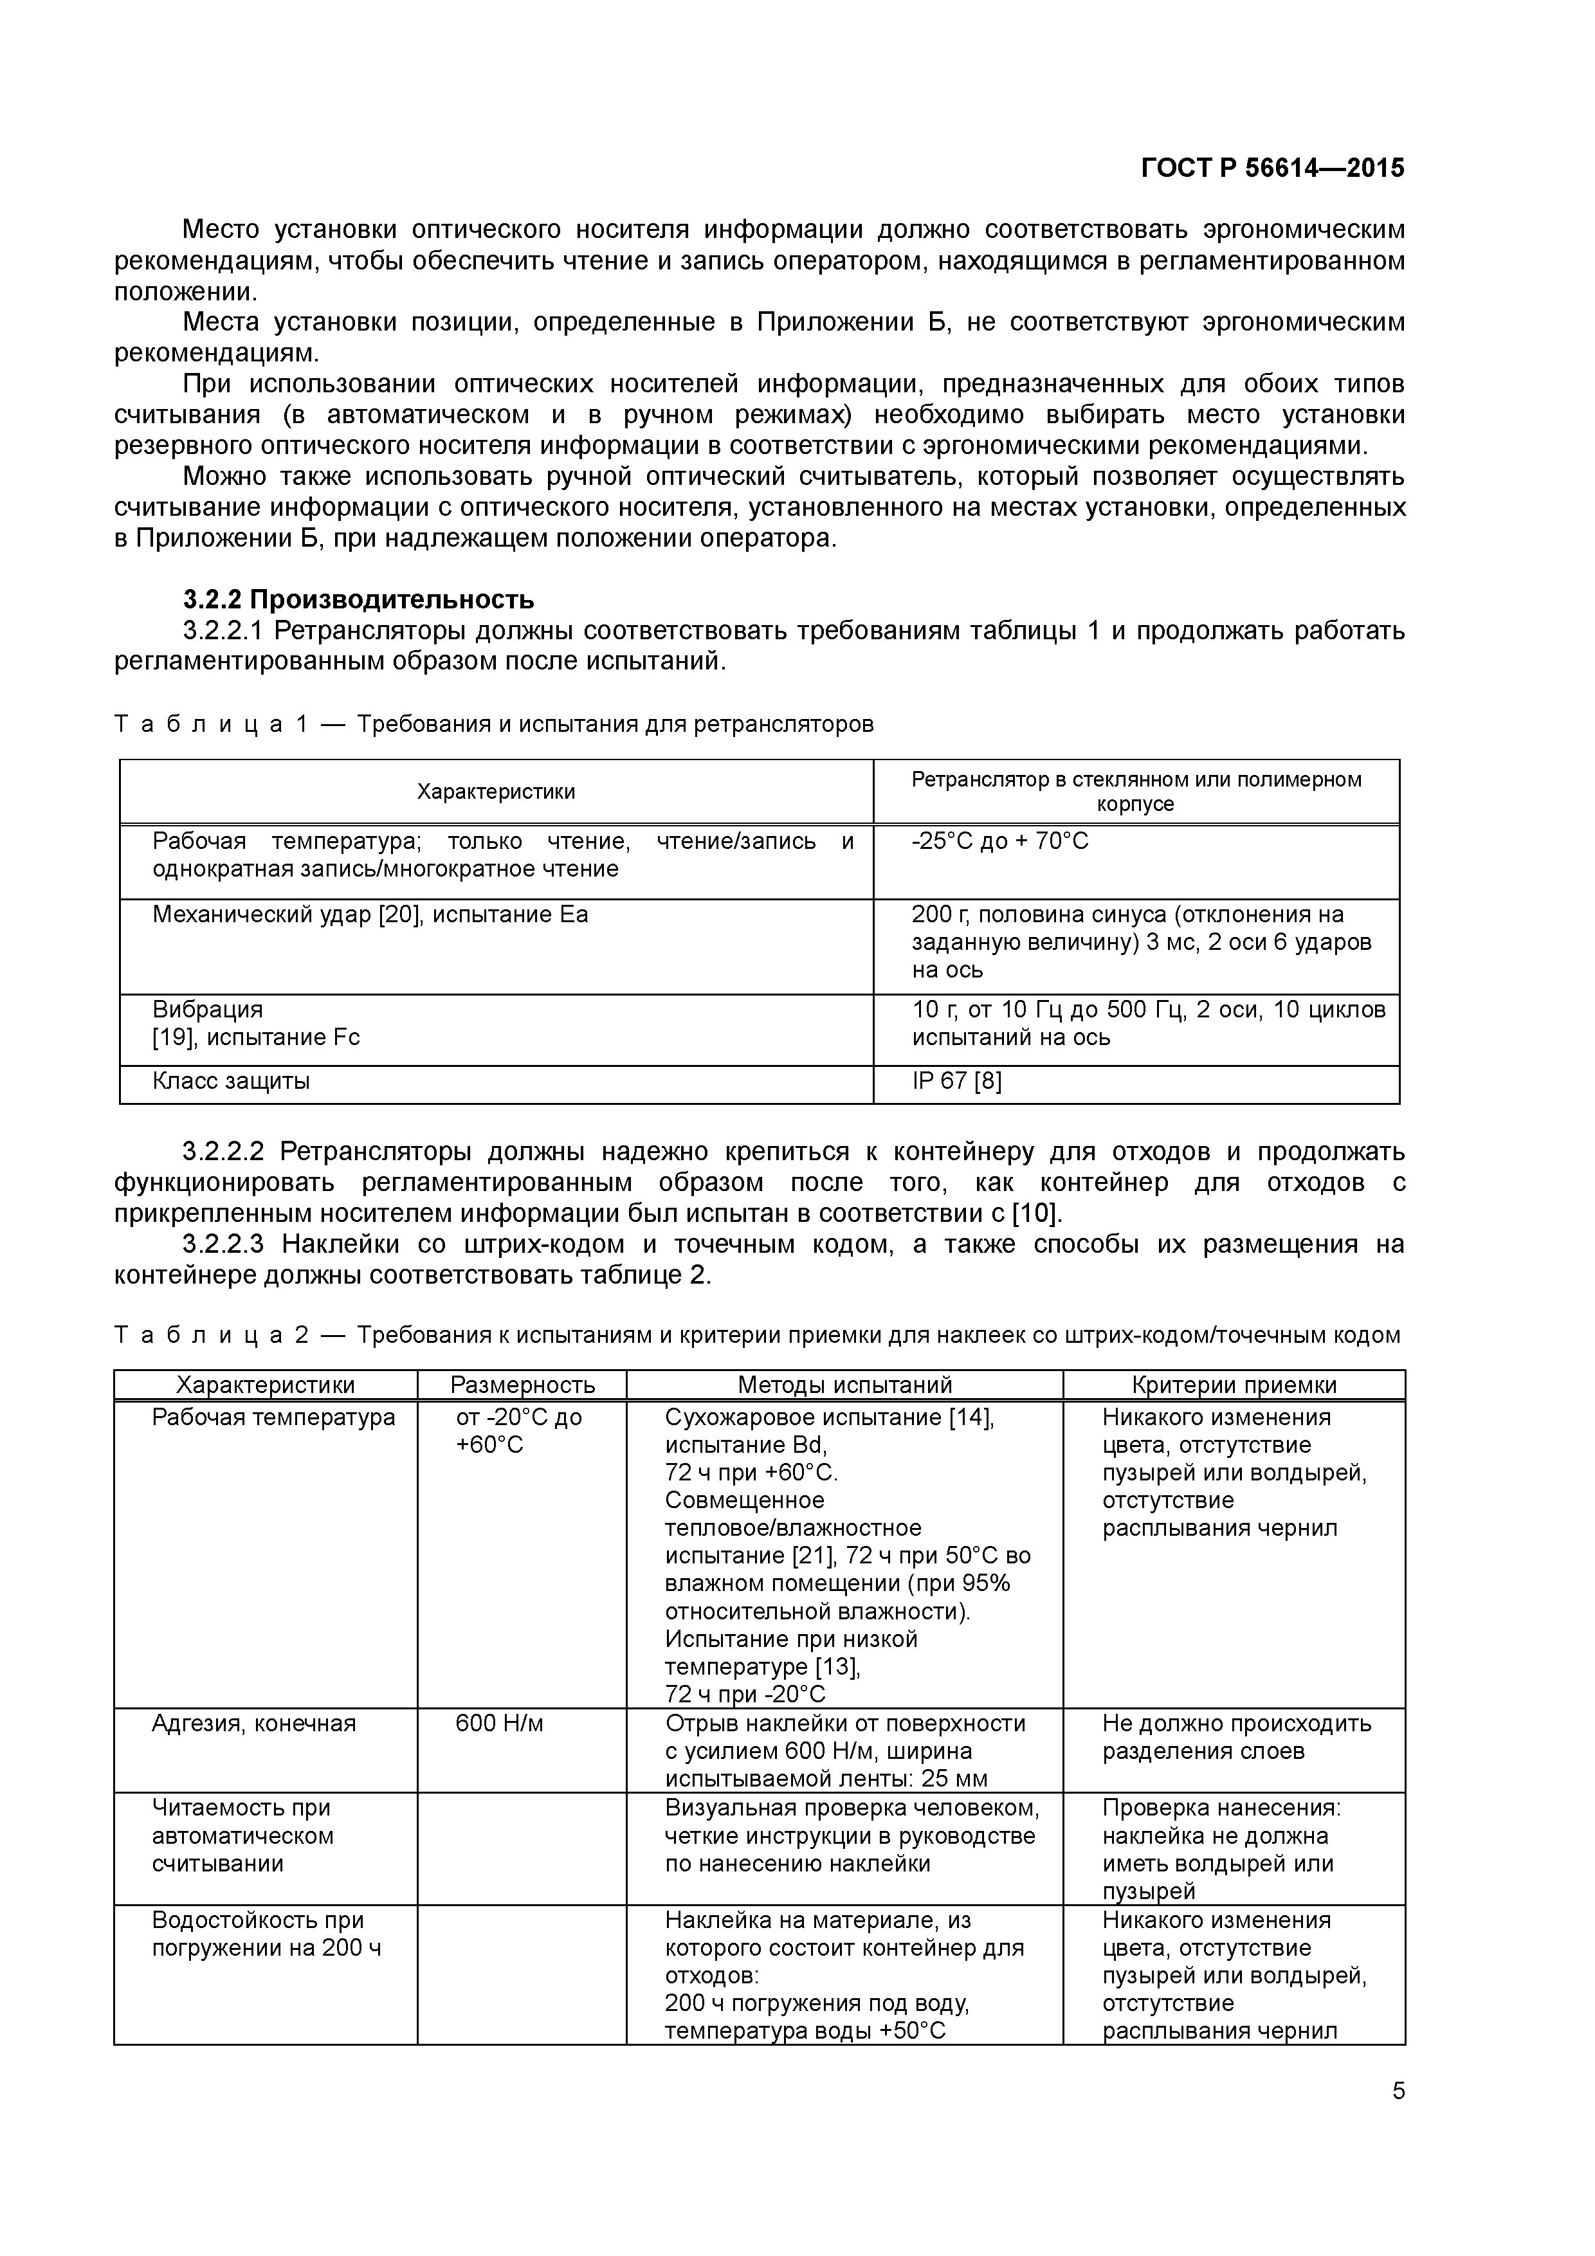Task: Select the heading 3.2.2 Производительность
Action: tap(359, 598)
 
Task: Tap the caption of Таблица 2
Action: tap(757, 1334)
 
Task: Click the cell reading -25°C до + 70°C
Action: tap(999, 841)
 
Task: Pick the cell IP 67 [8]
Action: tap(956, 1081)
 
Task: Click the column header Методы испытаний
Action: tap(844, 1385)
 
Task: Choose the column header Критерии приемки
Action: tap(1234, 1385)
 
